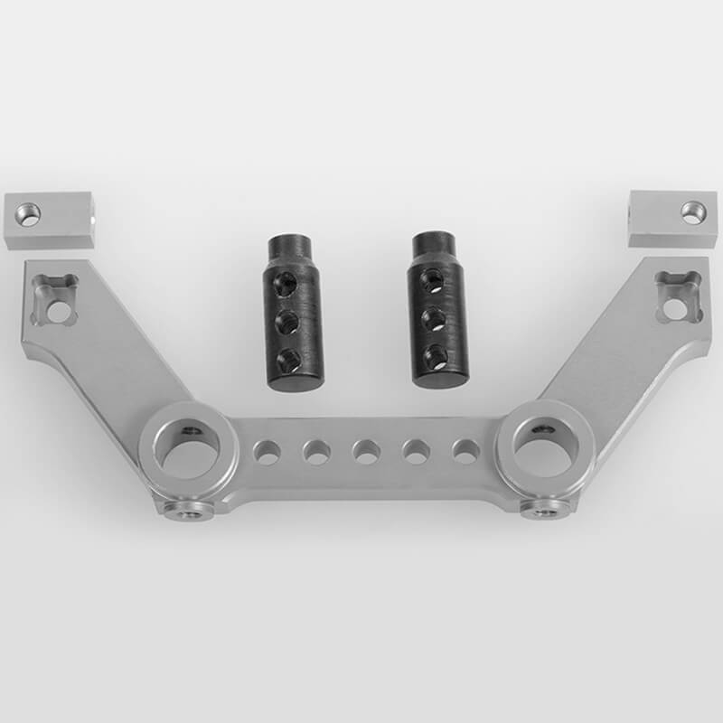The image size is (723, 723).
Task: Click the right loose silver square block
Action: point(672,218)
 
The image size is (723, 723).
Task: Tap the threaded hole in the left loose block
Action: point(29,214)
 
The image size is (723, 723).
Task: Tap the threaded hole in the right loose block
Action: point(692,212)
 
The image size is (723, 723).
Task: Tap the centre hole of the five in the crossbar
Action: point(366,451)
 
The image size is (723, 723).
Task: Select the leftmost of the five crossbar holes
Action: point(267,451)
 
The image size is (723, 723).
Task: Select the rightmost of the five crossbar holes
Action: point(465,451)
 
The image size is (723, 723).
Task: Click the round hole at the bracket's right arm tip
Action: point(674,307)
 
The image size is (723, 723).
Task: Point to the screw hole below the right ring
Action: point(542,512)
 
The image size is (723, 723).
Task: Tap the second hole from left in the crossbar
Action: point(316,451)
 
